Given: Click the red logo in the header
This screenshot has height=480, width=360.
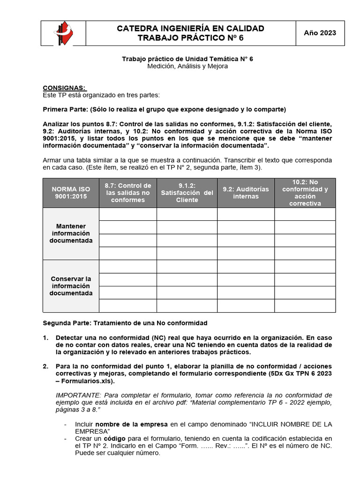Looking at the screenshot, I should pos(63,33).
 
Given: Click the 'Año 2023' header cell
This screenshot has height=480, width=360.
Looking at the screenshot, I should pos(320,33).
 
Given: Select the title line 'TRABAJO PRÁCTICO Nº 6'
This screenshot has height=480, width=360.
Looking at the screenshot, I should pos(190,38).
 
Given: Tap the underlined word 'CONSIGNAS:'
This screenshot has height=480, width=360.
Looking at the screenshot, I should pos(65,88).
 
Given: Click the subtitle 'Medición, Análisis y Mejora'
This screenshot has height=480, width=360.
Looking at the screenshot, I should pos(187,67).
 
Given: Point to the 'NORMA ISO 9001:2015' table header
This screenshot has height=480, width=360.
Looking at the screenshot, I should pos(71,193).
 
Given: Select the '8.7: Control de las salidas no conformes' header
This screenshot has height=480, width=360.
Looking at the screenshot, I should pos(128,193).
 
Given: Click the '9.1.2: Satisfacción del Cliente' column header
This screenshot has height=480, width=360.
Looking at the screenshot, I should pos(187,193).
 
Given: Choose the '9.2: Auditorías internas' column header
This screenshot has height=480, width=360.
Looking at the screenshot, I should pos(246,193).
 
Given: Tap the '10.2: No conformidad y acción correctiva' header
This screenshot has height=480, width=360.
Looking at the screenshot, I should pos(305,193).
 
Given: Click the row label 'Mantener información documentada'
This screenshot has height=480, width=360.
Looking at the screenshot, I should pos(71,233).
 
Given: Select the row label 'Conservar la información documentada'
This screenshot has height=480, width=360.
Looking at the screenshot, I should pos(71,286).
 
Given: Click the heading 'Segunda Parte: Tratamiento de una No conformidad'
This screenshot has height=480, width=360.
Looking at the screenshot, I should pos(125,323).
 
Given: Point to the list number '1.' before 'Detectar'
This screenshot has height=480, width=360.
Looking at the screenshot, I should pos(46,337).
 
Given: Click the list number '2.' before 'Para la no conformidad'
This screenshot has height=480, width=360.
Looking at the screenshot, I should pos(46,366).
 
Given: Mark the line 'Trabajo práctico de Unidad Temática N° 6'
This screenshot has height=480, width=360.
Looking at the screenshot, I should pos(187,59).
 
